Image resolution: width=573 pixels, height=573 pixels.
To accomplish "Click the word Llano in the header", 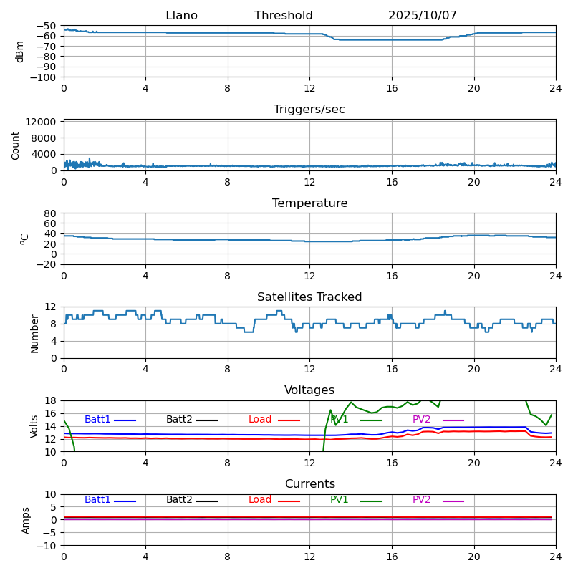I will tap(181, 16).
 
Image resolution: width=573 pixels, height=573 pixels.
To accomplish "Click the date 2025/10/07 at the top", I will tap(423, 16).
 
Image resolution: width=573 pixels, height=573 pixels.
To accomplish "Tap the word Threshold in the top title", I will tap(283, 16).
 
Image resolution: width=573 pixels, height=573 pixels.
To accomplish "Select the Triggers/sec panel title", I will tap(309, 110).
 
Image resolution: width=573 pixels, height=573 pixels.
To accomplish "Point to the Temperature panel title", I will tap(309, 203).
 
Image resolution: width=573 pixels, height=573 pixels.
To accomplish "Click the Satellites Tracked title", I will tap(309, 297).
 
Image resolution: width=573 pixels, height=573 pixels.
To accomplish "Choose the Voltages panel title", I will tap(309, 390).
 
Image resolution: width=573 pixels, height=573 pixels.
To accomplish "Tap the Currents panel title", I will tap(309, 484).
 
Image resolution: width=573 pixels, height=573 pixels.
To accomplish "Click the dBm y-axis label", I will tap(20, 52).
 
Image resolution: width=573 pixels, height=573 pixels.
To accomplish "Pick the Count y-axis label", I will tap(16, 145).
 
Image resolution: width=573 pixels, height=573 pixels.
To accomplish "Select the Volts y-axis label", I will tap(34, 426).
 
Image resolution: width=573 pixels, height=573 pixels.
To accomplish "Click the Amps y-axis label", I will tap(26, 520).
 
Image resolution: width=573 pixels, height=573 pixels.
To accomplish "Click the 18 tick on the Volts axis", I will tap(52, 400).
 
